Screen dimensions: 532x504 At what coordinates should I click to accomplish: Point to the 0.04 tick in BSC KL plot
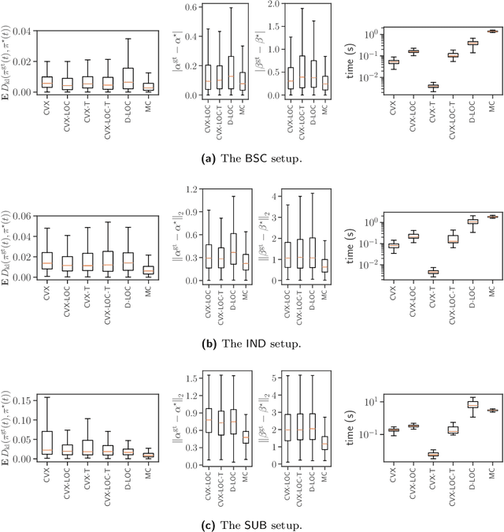[23, 31]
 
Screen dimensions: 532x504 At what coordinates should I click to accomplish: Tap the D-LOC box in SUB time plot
[451, 404]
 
